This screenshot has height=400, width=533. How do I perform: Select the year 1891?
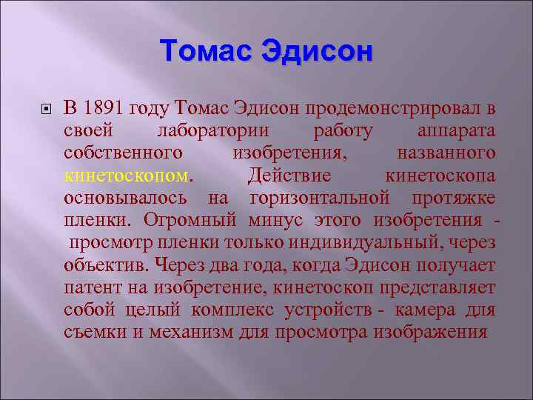click(104, 109)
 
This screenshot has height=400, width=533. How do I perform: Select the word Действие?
click(290, 176)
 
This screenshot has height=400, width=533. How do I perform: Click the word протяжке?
click(455, 198)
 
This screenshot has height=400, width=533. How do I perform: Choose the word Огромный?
click(190, 220)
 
